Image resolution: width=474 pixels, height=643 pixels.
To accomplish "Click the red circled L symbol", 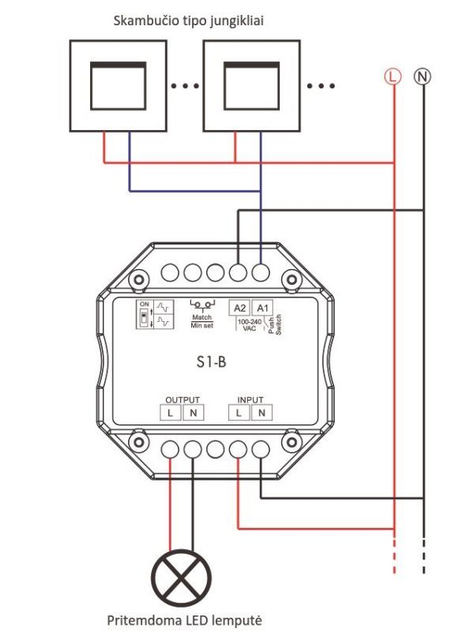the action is coord(393,77).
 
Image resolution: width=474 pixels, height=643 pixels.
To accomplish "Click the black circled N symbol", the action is coord(423,77).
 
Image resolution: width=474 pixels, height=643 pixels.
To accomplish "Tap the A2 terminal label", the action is coord(239,308).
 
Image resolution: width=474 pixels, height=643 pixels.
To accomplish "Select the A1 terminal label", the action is coord(262,308).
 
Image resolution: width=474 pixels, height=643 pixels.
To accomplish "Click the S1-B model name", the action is coord(211,361).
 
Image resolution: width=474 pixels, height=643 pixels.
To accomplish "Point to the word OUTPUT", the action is coord(182,399).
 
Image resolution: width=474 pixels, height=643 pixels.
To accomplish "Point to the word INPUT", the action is coord(250,399).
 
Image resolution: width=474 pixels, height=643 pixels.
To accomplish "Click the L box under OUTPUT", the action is coord(171,413).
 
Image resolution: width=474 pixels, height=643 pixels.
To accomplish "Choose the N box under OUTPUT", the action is coord(193,413).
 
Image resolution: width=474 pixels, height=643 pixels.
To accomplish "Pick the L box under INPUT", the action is coord(239,413).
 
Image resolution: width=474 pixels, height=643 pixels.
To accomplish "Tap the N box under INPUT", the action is coord(261,413).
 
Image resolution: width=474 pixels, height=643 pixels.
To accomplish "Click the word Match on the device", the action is coord(201,317).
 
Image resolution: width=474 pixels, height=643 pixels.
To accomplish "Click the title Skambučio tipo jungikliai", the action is coord(189,21).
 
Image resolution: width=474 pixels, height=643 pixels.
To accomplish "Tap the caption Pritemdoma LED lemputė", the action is coord(184,620).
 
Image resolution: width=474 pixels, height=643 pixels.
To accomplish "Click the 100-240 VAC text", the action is coord(250,325).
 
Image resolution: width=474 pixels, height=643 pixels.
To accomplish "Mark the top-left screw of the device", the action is coord(139,279).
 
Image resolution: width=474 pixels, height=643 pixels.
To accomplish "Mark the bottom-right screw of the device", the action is coord(292,442).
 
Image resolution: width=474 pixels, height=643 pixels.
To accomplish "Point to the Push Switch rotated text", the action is coord(274,325).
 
